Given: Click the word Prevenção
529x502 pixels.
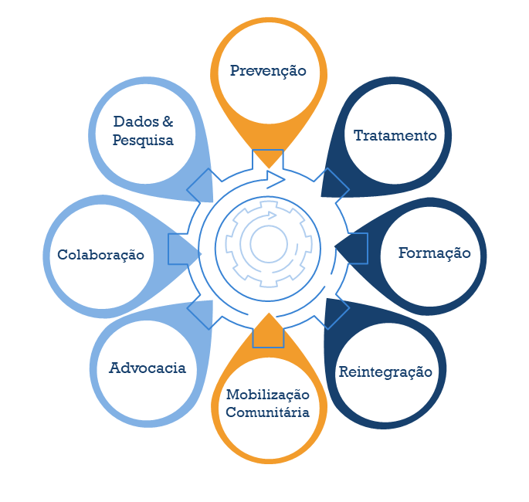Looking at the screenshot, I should (x=268, y=70).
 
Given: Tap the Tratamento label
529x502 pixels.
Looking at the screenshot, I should (x=395, y=135).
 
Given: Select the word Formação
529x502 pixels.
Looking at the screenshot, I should (x=434, y=253).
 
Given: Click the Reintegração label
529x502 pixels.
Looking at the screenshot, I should (x=385, y=371).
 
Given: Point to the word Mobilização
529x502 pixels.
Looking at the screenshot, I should (x=267, y=395).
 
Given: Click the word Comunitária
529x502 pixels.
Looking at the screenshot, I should (x=267, y=412).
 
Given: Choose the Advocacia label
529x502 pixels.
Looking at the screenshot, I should (x=148, y=368).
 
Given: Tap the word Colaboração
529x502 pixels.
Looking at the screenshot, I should (x=100, y=254).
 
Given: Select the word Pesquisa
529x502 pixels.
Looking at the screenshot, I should (x=143, y=140).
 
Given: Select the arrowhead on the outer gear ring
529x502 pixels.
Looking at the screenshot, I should (x=276, y=177).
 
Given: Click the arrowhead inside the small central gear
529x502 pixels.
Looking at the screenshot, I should (x=271, y=215).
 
